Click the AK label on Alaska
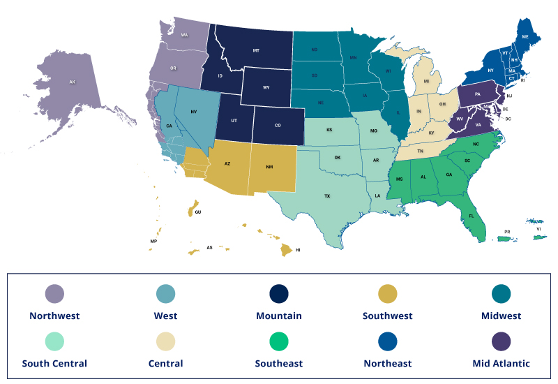72,82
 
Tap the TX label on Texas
327,196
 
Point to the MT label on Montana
256,51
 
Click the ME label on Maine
525,36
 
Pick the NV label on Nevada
194,112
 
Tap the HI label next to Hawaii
298,249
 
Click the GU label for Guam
198,212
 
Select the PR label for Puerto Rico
507,231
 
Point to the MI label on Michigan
426,81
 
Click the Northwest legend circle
54,294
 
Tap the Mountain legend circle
279,294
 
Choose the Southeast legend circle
279,341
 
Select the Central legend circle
167,341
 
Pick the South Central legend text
54,363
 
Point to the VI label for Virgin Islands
538,229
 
